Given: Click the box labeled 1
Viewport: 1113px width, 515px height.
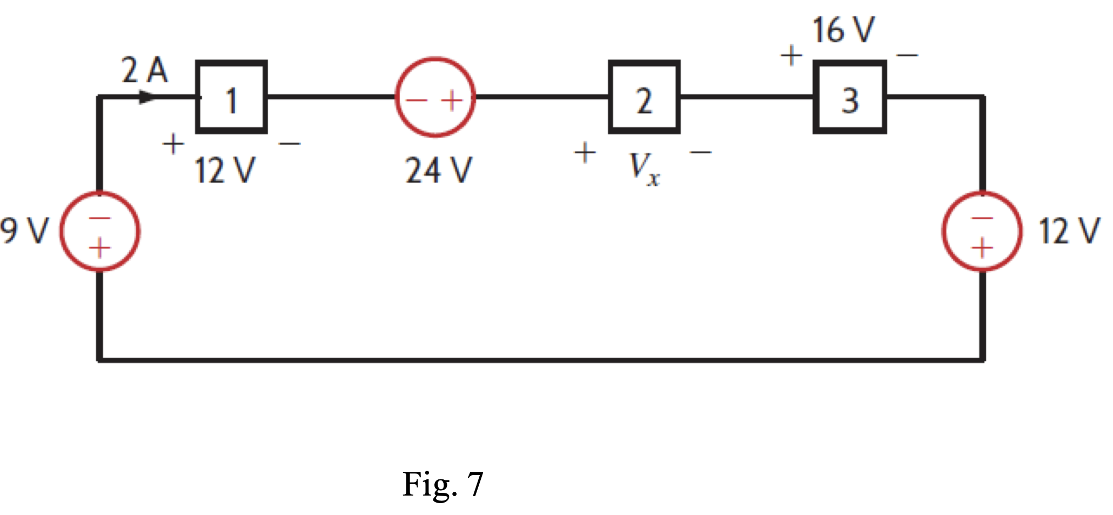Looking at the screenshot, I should click(x=231, y=97).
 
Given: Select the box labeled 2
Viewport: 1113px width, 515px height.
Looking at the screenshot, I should click(x=644, y=97).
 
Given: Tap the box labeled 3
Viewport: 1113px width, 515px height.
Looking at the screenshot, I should click(x=849, y=97).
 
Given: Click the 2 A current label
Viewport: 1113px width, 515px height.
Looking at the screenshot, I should click(x=144, y=70).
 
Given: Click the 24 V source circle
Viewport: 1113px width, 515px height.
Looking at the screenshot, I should click(x=435, y=97).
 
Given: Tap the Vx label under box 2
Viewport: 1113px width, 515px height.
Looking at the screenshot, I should click(x=644, y=168).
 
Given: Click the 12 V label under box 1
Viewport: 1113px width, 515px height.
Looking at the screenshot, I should click(x=224, y=171).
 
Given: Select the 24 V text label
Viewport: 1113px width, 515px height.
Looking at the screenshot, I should click(x=439, y=171).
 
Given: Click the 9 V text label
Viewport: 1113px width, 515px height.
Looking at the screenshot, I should click(x=24, y=231).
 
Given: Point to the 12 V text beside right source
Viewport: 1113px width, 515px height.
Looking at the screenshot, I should click(x=1069, y=231).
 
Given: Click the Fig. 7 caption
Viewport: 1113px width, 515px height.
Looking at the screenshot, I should click(x=442, y=484).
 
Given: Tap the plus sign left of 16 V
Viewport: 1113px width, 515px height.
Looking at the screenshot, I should click(x=792, y=55).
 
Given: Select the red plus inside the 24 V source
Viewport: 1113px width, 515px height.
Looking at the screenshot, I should click(x=452, y=100).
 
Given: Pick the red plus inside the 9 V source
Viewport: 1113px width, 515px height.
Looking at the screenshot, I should click(x=99, y=249).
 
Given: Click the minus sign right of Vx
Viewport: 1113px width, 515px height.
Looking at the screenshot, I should click(x=701, y=153).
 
